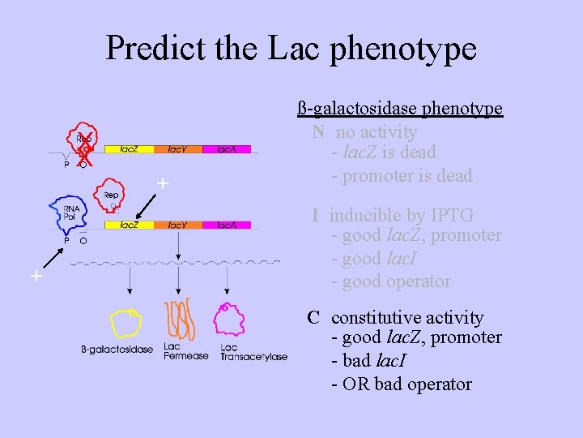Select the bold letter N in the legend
319,132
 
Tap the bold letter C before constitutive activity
313,318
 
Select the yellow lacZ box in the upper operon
130,149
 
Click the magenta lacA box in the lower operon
226,225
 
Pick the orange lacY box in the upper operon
178,149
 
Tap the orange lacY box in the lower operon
178,225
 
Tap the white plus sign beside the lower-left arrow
36,277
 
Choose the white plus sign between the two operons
163,184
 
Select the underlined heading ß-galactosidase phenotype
400,109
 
